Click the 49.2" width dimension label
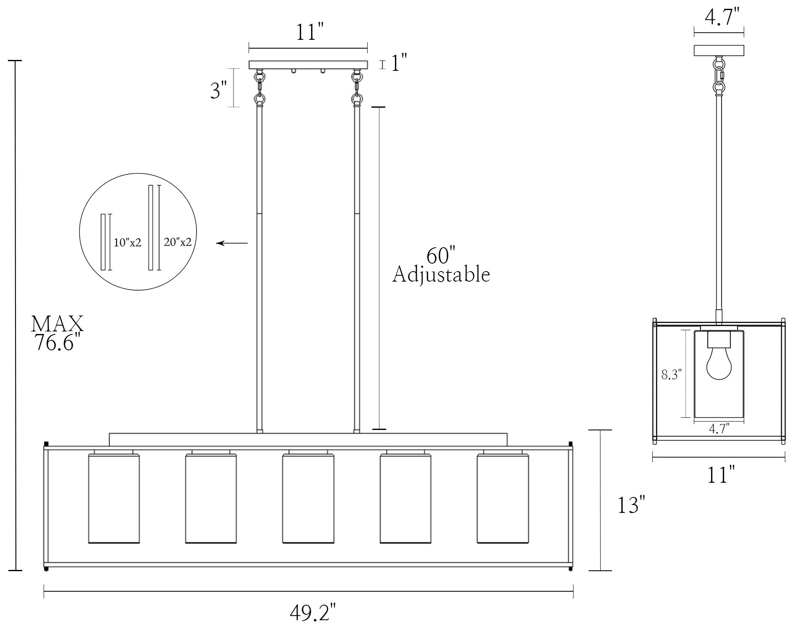point(313,613)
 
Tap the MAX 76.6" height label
point(57,334)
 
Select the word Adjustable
point(441,275)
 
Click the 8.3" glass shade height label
point(672,375)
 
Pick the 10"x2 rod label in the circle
point(127,242)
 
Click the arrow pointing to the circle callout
point(232,243)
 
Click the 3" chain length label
point(219,90)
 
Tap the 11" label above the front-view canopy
point(311,32)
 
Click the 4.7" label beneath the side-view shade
point(719,429)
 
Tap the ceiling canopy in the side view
point(719,50)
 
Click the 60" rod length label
point(441,256)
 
